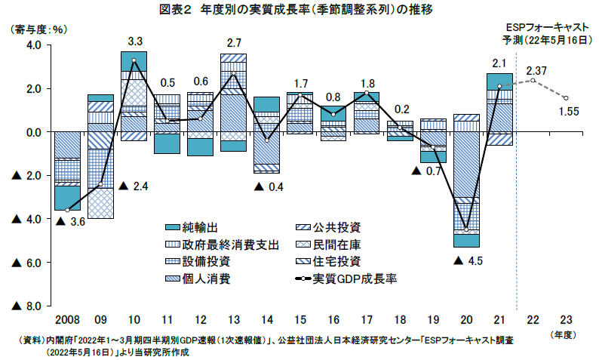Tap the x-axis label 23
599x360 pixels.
click(x=566, y=318)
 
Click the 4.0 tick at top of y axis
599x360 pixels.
click(x=29, y=45)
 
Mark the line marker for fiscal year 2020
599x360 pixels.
click(x=467, y=229)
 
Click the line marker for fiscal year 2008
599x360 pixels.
click(x=68, y=210)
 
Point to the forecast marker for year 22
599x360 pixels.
click(x=533, y=80)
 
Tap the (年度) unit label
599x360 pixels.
click(x=566, y=333)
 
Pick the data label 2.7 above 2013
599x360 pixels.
click(x=233, y=42)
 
